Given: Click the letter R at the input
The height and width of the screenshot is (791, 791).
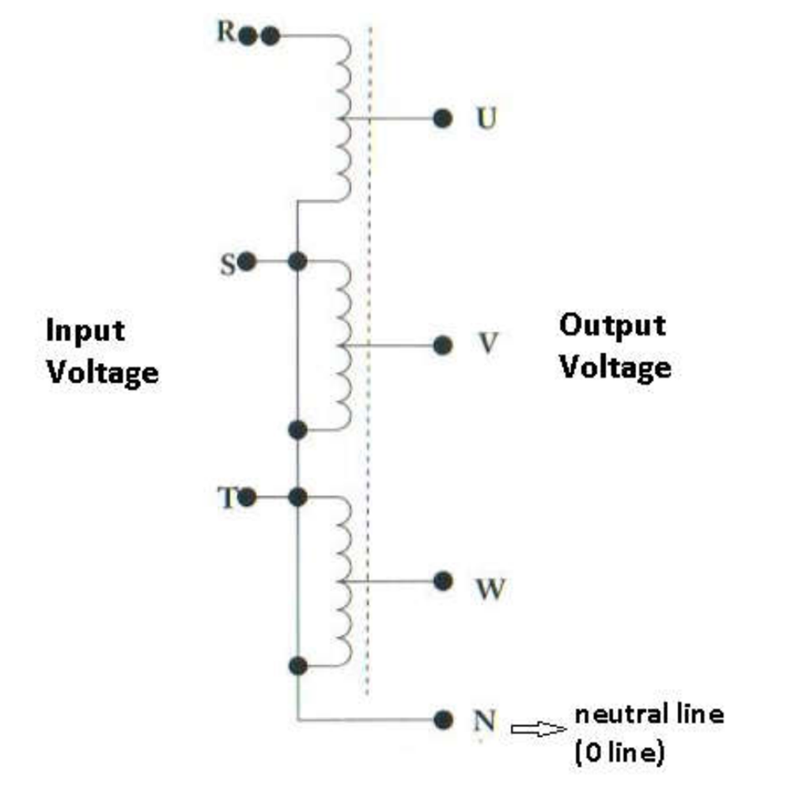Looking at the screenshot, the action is [225, 32].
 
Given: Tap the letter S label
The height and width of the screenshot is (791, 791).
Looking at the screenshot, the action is [228, 264].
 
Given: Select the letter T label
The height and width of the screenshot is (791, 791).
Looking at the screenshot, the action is [227, 498].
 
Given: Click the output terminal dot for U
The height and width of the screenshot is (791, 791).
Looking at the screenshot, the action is [442, 119].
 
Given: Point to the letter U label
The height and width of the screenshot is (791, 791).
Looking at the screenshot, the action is [486, 119].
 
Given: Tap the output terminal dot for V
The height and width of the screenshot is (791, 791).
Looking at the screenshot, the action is [442, 346].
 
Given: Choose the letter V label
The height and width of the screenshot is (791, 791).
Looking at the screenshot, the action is [488, 343].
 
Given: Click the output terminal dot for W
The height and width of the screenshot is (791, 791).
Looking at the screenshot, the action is [442, 581].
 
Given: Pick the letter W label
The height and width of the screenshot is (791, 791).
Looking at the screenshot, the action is [490, 589].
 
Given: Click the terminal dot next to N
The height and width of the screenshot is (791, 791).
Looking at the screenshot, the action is [443, 720].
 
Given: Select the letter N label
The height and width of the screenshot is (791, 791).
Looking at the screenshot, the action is [484, 721].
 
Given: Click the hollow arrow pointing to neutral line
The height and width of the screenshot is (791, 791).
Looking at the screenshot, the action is [539, 729].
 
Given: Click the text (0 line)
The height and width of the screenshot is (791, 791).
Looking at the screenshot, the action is [619, 753].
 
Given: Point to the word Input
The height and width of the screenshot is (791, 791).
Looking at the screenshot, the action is [85, 332].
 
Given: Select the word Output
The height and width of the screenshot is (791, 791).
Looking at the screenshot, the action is [612, 326].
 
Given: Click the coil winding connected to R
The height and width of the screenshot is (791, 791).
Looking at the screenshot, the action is [344, 119].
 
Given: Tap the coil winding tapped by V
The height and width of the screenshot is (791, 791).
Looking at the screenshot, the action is [344, 346].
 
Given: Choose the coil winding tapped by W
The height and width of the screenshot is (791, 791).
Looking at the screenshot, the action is [344, 581].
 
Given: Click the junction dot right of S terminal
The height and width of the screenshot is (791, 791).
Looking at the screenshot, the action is [297, 261].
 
